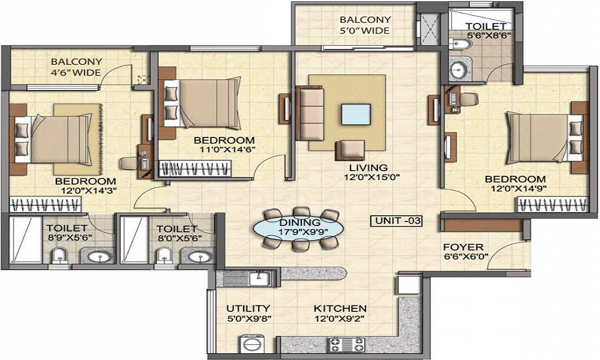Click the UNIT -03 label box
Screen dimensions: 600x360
coord(397,221)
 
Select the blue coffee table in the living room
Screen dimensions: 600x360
coord(356,115)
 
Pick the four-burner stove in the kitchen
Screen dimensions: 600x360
coord(347,344)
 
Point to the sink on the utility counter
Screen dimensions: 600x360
coord(260,278)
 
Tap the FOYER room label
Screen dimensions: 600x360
coord(463,247)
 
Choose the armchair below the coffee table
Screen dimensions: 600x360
coord(350,151)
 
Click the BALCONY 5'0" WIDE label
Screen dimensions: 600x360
coord(365,25)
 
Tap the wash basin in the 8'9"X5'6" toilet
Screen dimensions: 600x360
coord(100,256)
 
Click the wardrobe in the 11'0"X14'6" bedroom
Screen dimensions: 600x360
coord(195,169)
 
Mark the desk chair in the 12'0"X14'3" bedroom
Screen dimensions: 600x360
coord(129,163)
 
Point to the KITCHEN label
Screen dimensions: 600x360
coord(340,308)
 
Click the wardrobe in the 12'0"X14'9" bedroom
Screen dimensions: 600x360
coord(553,205)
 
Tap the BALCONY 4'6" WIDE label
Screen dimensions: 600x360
coord(76,67)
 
